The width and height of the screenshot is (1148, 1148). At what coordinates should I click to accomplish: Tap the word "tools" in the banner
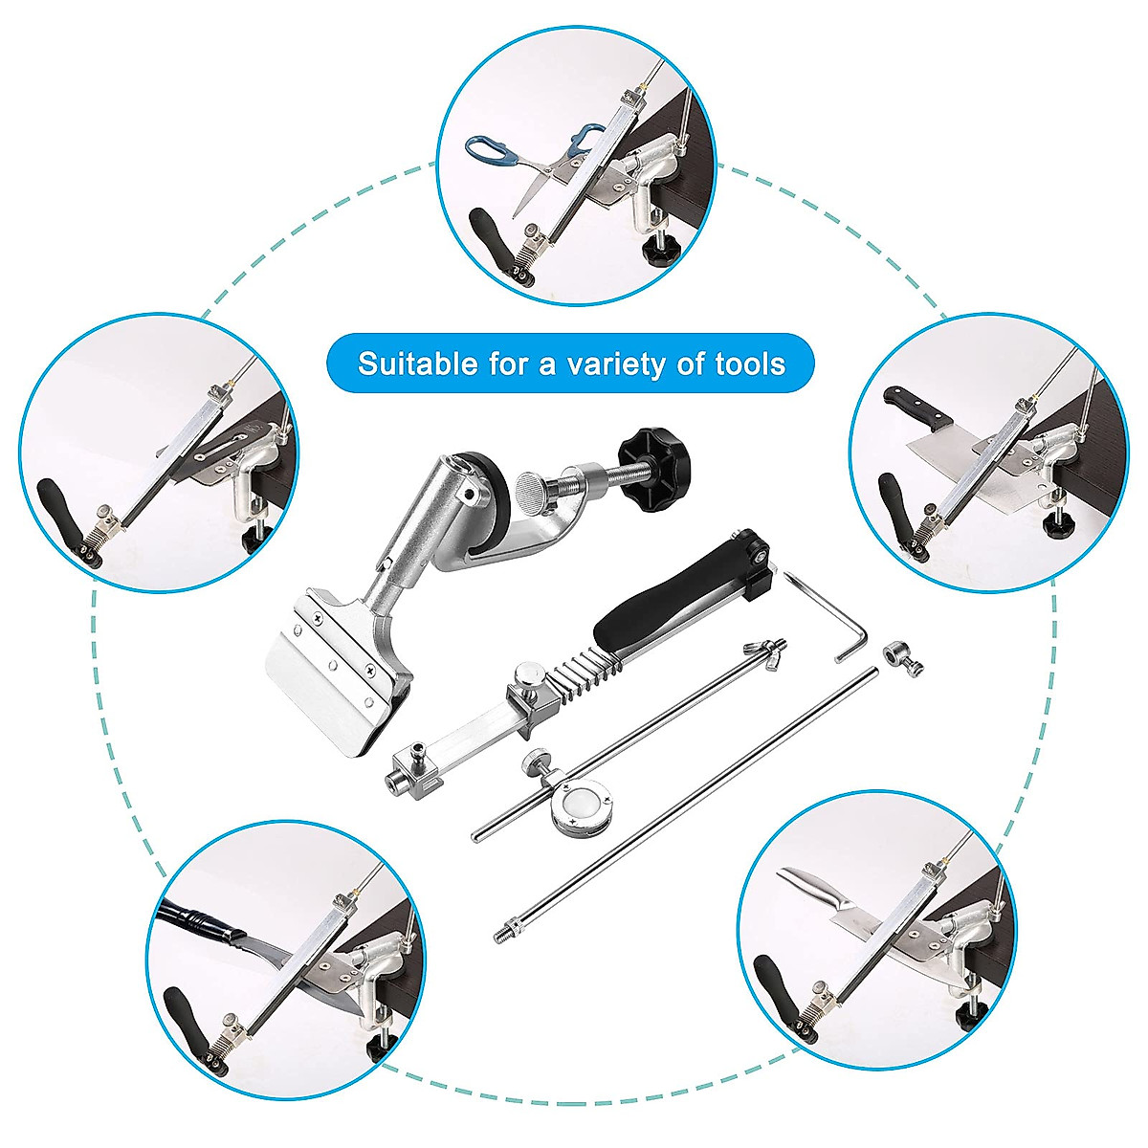750,364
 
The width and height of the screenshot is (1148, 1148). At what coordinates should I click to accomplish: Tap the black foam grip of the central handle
660,592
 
